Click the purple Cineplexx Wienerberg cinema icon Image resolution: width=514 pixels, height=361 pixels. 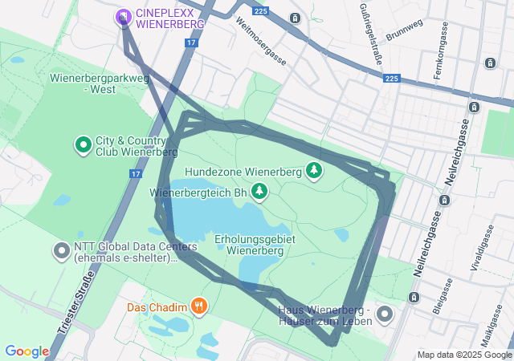[x=123, y=17]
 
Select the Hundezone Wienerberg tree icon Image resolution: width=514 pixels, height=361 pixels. [x=313, y=171]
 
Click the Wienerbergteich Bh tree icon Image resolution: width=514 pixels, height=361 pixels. [x=259, y=192]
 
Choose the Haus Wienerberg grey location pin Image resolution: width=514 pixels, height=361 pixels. [x=384, y=314]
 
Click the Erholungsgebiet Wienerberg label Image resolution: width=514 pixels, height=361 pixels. [x=255, y=245]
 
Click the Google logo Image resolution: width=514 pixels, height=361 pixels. [x=27, y=351]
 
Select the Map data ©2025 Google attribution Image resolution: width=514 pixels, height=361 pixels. [x=464, y=355]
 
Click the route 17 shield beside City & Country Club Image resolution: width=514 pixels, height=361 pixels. [x=134, y=173]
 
